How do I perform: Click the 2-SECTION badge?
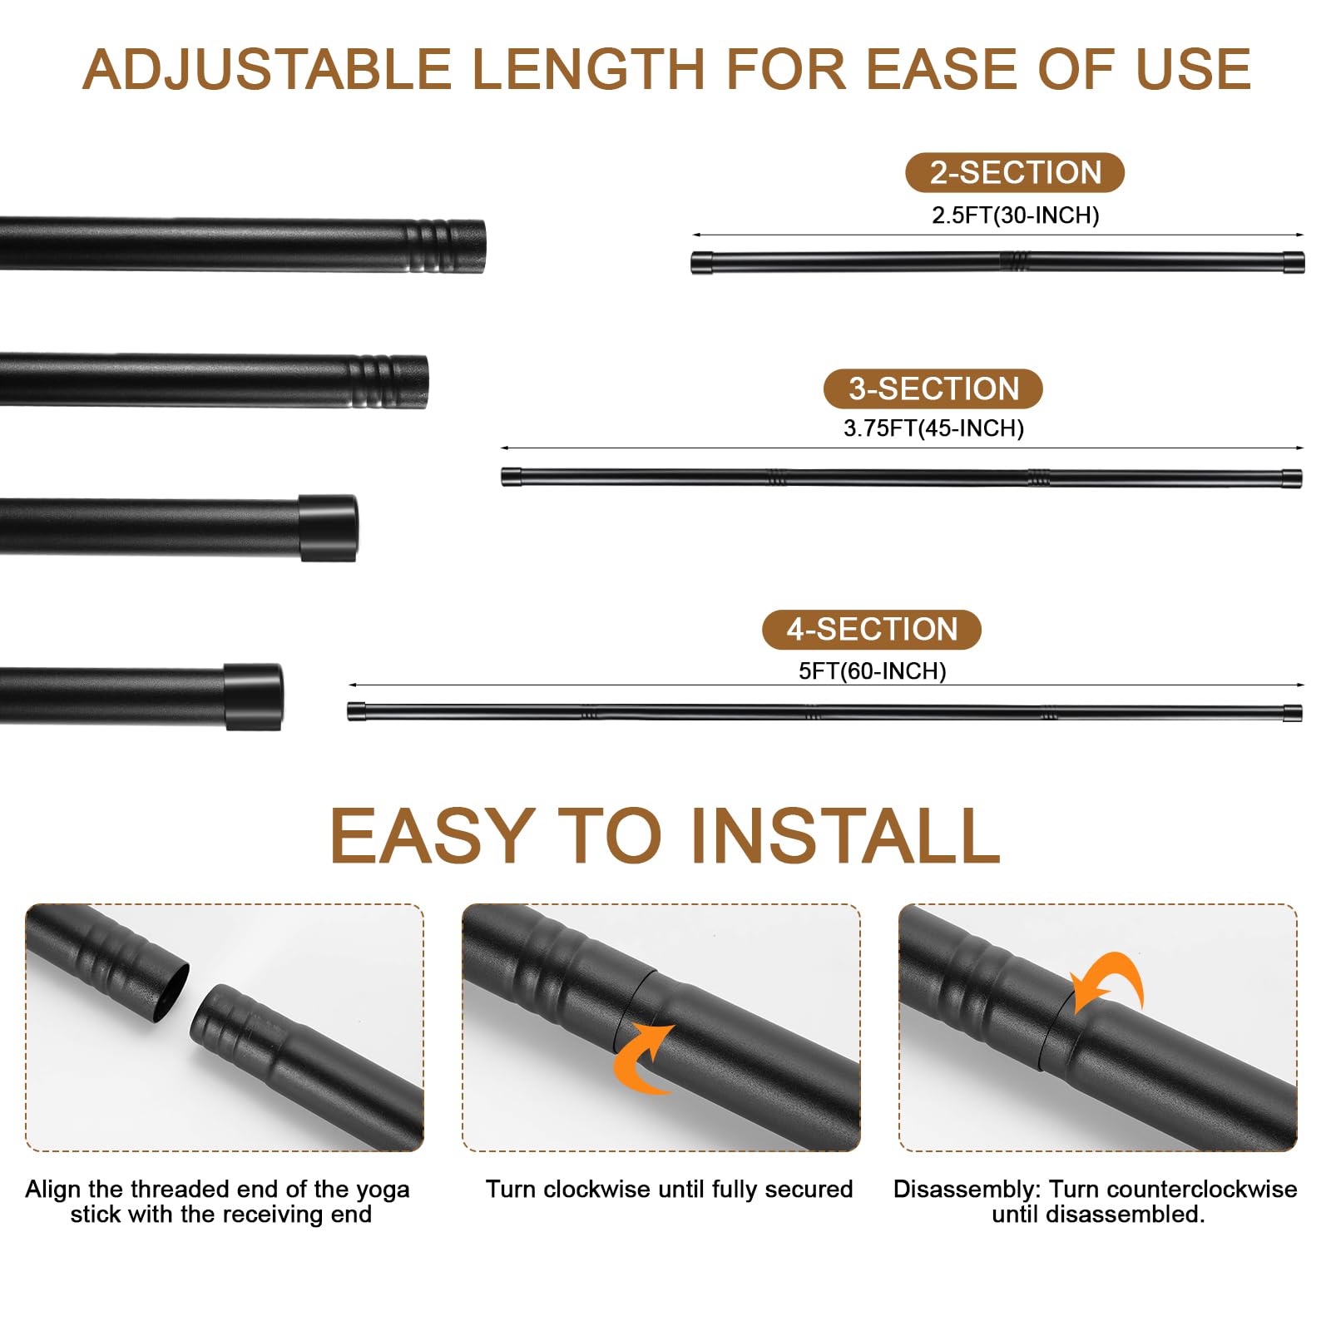(x=1014, y=172)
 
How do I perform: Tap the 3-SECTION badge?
(x=933, y=388)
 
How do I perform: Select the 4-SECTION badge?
(x=872, y=629)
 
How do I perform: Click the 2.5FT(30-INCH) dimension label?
(x=1015, y=215)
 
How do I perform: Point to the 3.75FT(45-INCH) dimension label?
(x=933, y=428)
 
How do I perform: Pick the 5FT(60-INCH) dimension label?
(x=873, y=670)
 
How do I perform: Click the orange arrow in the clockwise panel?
(x=642, y=1061)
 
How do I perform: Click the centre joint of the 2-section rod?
(x=1015, y=262)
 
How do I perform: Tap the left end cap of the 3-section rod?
(x=511, y=477)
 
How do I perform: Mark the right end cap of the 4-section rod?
(x=1293, y=712)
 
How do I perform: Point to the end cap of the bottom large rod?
(x=253, y=697)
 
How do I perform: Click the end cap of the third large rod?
(x=329, y=528)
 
